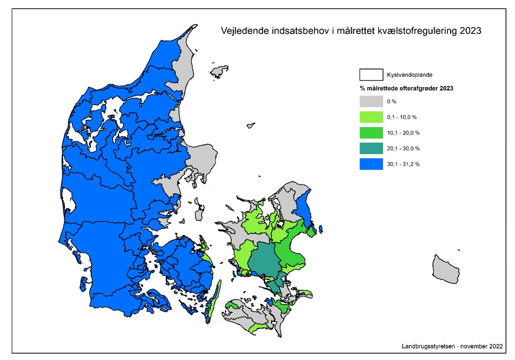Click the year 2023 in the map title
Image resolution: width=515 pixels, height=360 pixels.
click(470, 31)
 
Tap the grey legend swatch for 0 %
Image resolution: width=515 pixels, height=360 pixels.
click(371, 101)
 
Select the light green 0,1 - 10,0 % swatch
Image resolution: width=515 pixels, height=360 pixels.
click(371, 117)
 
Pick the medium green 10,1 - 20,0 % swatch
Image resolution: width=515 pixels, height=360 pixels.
click(371, 133)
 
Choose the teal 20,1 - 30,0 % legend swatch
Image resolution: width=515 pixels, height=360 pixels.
click(371, 149)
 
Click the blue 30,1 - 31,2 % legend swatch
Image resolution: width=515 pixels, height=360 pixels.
click(371, 164)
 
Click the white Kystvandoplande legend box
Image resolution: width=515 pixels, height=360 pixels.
click(371, 75)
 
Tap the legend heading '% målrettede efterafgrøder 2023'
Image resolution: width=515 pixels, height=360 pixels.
click(406, 89)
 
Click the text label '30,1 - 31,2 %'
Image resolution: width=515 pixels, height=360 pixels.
click(403, 164)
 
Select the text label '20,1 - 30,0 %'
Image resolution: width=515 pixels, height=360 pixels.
click(403, 149)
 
